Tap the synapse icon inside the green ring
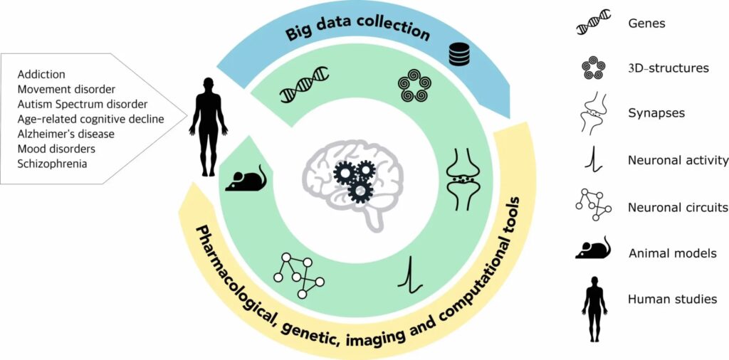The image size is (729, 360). point(463,179)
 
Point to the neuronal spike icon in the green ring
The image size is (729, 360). point(411,275)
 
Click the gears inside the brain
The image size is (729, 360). point(355,179)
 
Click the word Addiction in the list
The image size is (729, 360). point(41,74)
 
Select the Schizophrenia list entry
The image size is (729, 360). point(53,164)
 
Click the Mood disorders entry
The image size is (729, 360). point(57,149)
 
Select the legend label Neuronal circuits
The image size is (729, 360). point(678,208)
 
